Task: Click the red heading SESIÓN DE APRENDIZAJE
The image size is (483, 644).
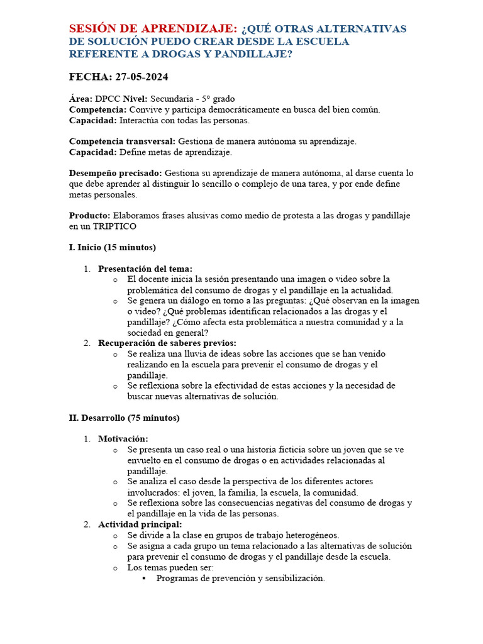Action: point(153,29)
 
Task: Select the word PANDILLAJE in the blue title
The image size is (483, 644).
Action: point(257,55)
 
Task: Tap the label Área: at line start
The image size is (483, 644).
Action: point(80,99)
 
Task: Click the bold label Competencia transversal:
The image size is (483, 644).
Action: point(123,142)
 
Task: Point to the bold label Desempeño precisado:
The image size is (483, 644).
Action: point(115,173)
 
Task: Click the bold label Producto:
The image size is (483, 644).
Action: point(89,216)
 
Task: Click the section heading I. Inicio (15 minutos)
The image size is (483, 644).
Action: point(112,247)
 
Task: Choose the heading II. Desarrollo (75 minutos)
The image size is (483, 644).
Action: point(124,418)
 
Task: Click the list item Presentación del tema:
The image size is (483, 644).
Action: point(145,269)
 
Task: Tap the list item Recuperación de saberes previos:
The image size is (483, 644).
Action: point(167,343)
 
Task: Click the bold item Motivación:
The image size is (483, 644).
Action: point(123,439)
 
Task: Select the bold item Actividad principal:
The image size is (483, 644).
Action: point(140,525)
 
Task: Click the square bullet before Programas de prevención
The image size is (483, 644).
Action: point(144,579)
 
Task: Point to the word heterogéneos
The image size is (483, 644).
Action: point(309,535)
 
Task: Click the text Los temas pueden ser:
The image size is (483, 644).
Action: point(170,567)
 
